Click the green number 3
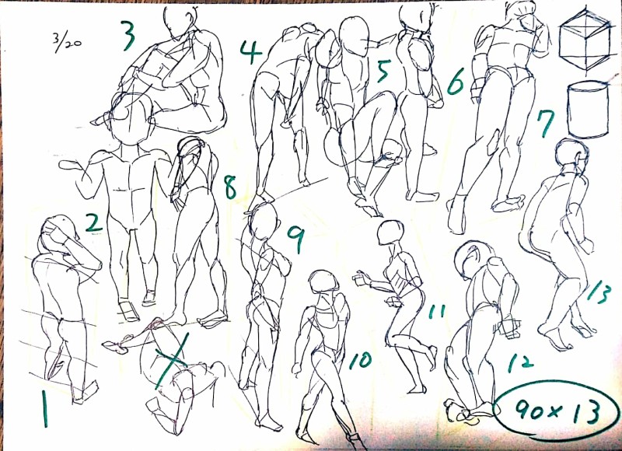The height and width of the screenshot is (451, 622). pos(129,36)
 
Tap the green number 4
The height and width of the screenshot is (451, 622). pos(250,52)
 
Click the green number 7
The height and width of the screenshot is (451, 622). pos(546,123)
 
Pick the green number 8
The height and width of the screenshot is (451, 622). pos(230,187)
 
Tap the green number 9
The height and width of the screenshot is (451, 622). pos(297,239)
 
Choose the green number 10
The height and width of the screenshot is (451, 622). pos(360,360)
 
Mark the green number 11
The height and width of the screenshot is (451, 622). pos(437,311)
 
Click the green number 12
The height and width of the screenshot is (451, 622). pos(520,362)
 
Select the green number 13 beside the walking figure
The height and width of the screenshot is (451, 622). pos(598,292)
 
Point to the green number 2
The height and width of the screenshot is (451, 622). pos(93,222)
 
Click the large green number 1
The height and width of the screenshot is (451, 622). pos(45,408)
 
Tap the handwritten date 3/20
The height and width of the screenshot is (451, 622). pos(67,42)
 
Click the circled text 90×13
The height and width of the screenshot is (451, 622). pos(557,410)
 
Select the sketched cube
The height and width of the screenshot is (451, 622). pos(585,39)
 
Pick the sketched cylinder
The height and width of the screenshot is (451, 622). pos(588,109)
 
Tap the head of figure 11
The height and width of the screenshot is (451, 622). pos(391,232)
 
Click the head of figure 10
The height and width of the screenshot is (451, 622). pos(323,281)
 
